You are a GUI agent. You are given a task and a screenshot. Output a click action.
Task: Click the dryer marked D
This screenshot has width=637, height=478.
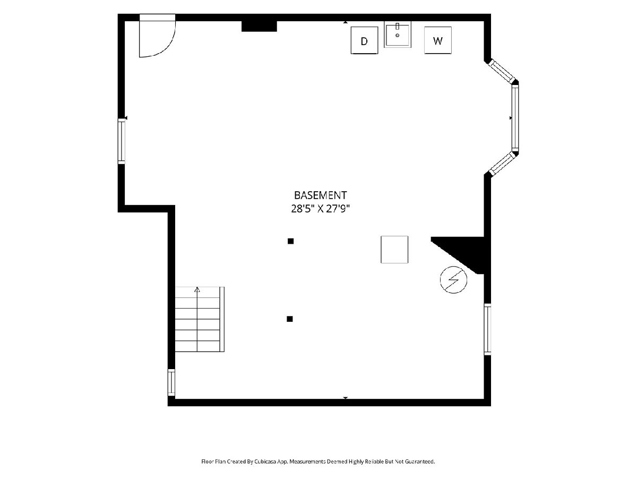[x=364, y=40]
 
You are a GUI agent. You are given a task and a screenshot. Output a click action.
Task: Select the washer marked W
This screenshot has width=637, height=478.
[x=437, y=40]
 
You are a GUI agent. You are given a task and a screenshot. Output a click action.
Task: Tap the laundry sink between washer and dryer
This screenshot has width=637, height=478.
[x=397, y=35]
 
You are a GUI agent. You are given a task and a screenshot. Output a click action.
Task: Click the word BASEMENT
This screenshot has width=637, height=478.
[x=321, y=195]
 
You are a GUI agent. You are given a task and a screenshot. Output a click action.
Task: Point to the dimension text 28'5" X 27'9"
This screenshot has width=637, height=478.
[x=321, y=209]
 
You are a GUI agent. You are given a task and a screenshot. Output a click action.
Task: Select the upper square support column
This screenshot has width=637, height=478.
[x=290, y=241]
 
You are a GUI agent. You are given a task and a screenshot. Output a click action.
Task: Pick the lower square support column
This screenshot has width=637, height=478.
[x=290, y=319]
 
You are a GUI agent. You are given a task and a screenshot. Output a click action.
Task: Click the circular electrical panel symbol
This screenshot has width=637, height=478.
[x=453, y=280]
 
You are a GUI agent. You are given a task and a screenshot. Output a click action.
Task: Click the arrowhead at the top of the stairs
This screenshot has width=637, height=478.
[x=197, y=289]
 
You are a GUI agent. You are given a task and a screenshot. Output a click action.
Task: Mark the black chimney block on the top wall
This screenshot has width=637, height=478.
[x=259, y=26]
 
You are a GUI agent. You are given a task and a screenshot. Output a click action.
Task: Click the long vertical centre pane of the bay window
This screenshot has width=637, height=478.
[x=515, y=118]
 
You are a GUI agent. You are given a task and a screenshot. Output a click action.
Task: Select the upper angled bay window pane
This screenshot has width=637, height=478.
[x=502, y=71]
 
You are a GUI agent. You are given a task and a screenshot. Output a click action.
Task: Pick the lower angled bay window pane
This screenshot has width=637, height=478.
[x=502, y=164]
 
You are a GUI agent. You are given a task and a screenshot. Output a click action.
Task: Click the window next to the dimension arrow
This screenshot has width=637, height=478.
[x=122, y=141]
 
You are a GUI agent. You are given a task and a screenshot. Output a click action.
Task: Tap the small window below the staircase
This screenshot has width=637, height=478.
[x=171, y=382]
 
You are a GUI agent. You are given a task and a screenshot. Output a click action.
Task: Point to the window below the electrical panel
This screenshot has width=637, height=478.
[x=487, y=329]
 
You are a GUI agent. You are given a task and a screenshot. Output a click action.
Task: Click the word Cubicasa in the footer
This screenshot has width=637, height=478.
[x=265, y=462]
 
